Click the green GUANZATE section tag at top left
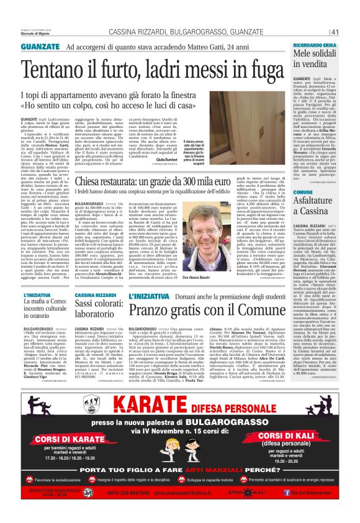coord(40,47)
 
